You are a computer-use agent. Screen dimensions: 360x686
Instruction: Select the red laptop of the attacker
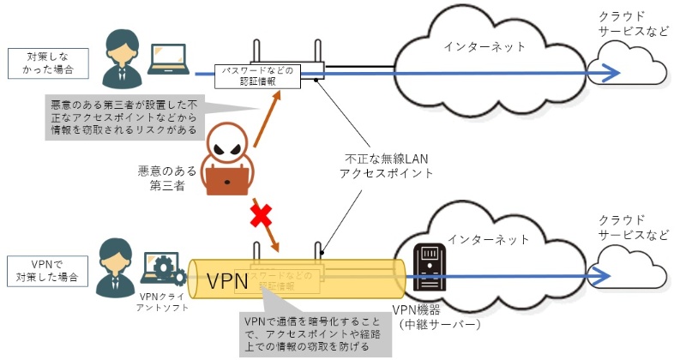pos(227,178)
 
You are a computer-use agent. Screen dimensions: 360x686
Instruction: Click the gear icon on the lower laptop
pos(178,276)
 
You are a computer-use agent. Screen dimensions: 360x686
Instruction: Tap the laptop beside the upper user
pos(169,57)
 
